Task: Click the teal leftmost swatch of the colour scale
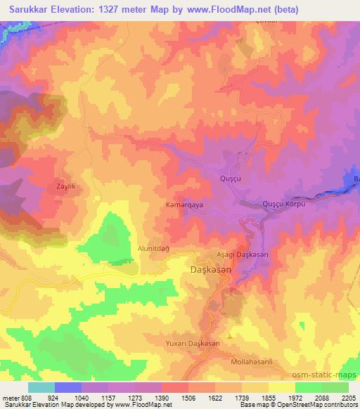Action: point(41,387)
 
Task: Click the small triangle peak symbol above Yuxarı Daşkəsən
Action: point(229,335)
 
